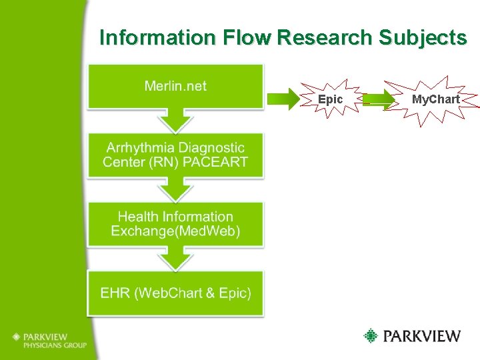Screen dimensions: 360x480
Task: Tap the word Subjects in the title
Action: [422, 38]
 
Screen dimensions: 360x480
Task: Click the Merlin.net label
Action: [175, 85]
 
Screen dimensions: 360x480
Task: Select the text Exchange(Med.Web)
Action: [175, 231]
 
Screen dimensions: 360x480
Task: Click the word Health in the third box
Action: [137, 217]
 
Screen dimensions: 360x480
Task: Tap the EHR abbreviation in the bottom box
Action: [113, 293]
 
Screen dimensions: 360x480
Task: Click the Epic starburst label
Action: [330, 99]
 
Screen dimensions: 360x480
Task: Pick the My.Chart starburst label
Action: [435, 99]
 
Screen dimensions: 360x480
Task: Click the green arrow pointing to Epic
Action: [283, 99]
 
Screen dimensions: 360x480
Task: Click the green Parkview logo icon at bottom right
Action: [371, 335]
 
